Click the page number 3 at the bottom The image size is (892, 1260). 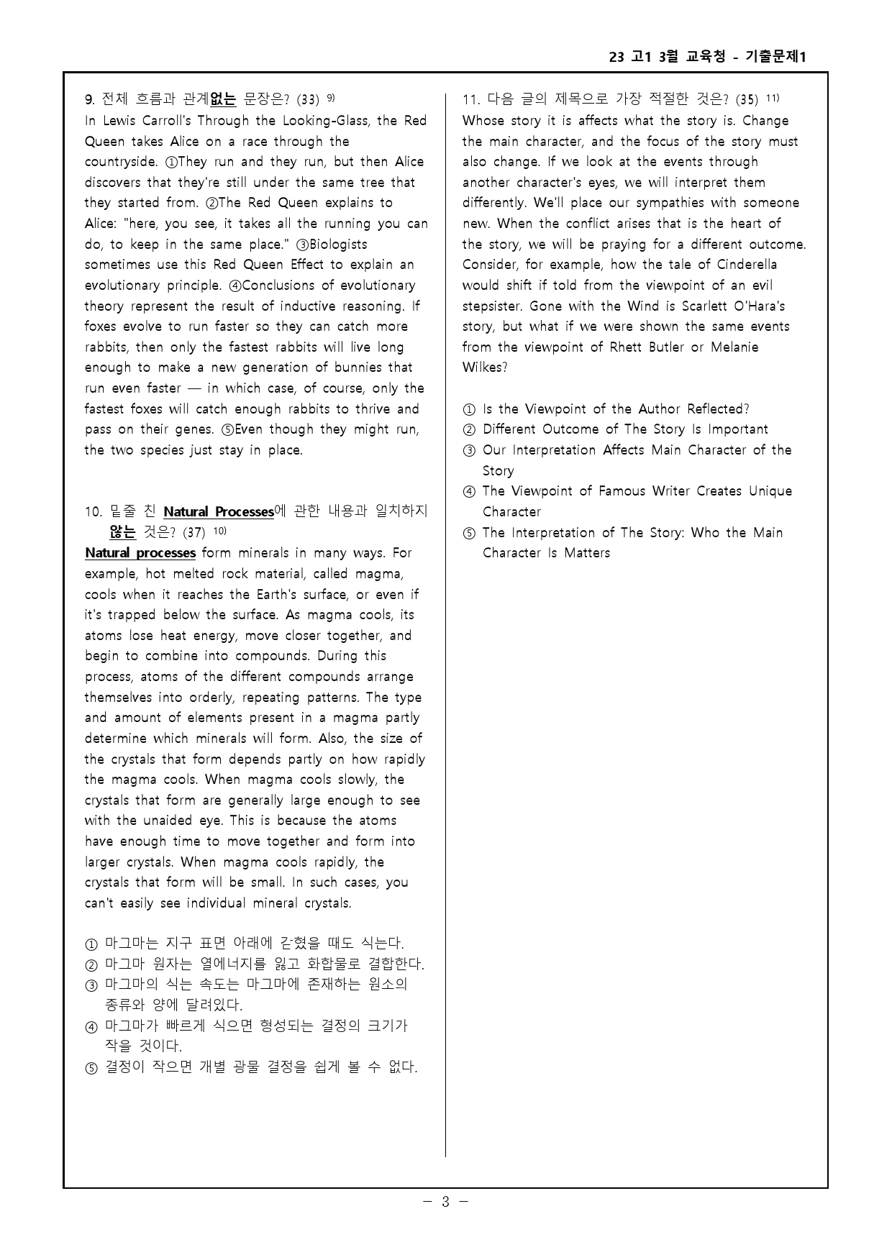point(445,1202)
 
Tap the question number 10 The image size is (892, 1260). point(93,512)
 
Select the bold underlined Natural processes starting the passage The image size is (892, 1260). point(140,553)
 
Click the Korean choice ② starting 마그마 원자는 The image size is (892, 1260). point(263,964)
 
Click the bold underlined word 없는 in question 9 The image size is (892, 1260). point(223,99)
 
